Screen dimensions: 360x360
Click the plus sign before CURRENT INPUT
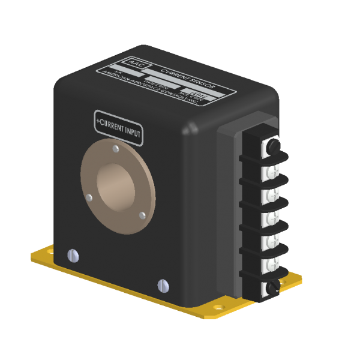click(x=98, y=122)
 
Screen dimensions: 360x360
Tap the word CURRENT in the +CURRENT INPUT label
click(x=112, y=127)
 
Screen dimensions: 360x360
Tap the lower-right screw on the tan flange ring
click(x=142, y=214)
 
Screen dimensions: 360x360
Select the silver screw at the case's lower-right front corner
click(x=161, y=284)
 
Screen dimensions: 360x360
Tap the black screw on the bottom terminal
click(x=271, y=287)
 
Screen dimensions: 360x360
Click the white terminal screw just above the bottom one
click(x=269, y=263)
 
